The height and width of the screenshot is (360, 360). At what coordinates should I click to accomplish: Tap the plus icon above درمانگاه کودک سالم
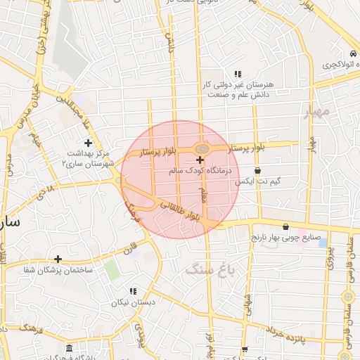(200, 161)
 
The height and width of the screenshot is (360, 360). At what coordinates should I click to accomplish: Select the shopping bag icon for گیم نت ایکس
(258, 171)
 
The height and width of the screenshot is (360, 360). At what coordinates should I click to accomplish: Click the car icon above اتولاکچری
(350, 54)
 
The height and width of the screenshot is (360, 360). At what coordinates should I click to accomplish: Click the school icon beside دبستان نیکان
(132, 292)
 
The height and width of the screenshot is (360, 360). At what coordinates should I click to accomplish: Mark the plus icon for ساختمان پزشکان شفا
(58, 259)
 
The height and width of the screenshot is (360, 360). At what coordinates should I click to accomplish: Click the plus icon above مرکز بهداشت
(88, 143)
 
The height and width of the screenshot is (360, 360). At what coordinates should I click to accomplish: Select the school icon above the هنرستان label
(238, 74)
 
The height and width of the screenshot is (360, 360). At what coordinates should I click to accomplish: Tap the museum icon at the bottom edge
(68, 349)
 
